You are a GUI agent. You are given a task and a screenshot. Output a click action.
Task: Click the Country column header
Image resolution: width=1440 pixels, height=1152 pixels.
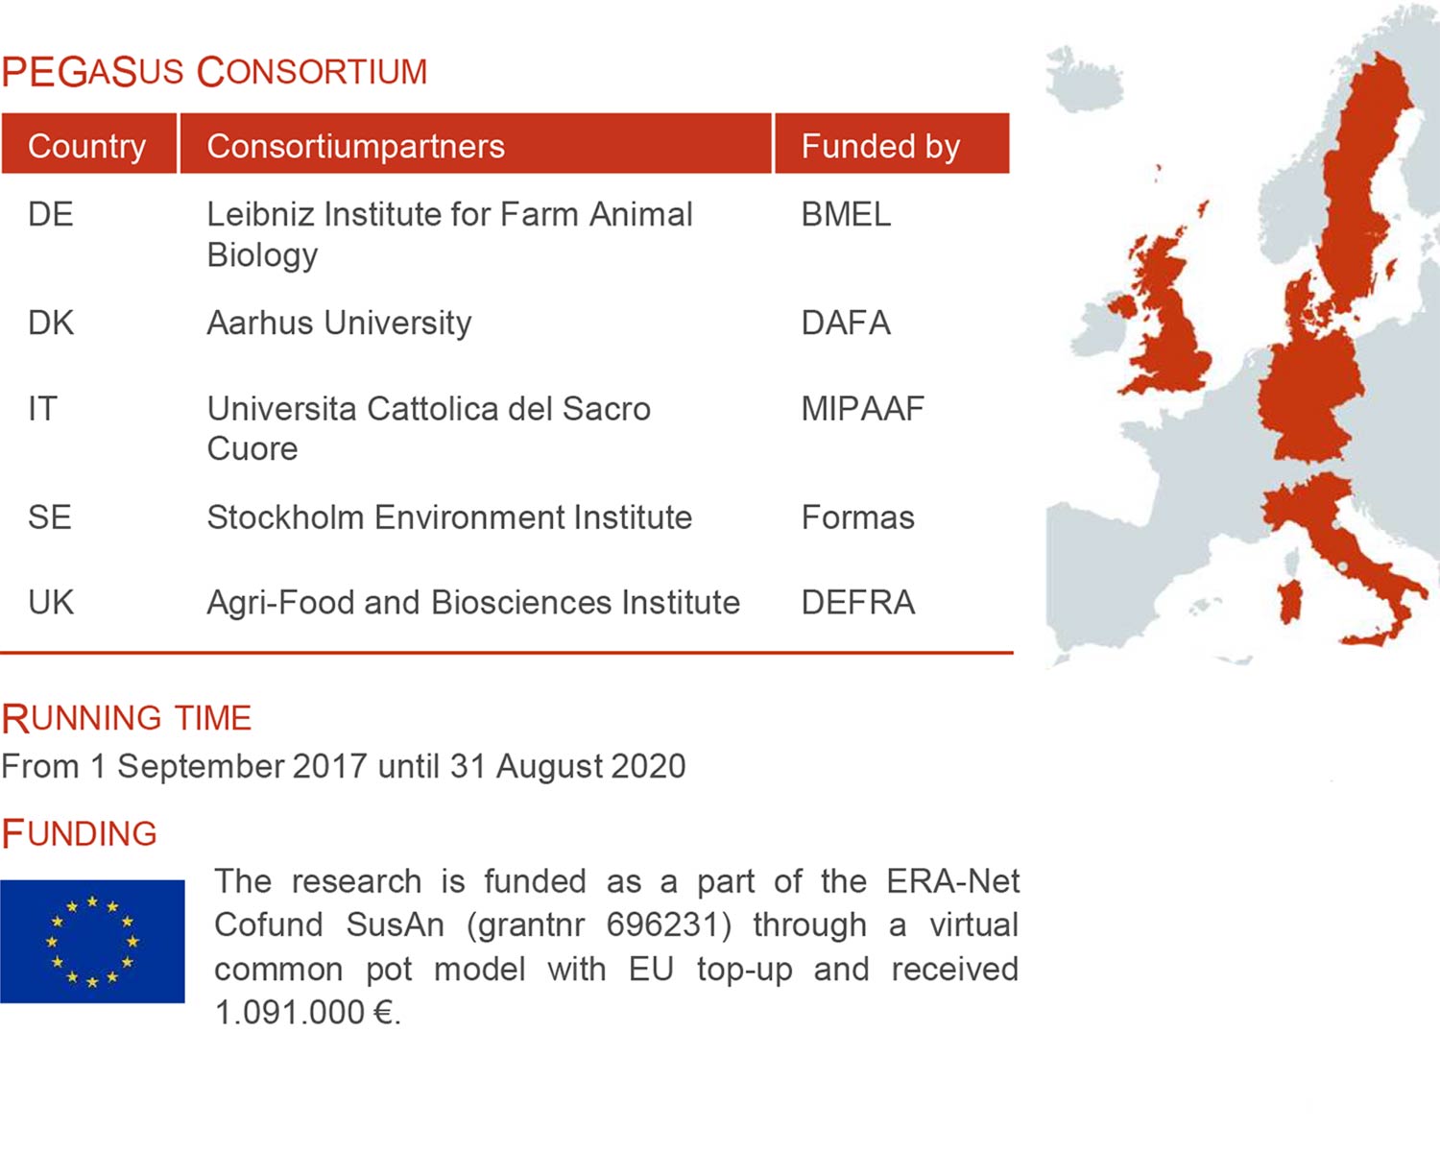point(87,146)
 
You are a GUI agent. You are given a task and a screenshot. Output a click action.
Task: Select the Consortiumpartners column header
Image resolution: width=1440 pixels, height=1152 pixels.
point(355,146)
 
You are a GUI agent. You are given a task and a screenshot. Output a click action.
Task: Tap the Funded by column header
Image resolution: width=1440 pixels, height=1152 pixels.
point(880,146)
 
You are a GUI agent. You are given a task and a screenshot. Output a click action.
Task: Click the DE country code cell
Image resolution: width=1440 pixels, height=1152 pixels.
point(50,215)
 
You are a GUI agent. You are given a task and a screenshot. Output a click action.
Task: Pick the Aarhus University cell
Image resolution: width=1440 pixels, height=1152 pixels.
point(339,324)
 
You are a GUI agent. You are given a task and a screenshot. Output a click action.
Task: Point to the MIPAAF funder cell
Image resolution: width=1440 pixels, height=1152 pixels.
point(862,408)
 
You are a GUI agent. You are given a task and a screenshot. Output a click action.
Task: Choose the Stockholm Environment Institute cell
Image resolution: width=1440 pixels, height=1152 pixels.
point(449,517)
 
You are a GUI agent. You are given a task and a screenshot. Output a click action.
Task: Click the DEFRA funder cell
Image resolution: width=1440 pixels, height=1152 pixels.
point(858,602)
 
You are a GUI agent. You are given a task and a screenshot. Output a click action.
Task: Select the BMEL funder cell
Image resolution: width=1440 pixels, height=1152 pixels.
point(846,215)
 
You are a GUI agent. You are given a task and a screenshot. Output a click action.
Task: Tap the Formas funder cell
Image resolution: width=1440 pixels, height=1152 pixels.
point(858,517)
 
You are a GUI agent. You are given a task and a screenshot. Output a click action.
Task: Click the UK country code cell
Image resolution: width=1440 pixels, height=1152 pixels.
point(51,602)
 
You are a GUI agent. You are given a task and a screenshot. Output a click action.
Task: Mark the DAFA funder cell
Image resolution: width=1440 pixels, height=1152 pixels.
point(846,323)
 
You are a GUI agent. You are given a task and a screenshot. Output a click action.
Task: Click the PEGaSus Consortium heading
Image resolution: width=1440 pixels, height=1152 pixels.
point(214,72)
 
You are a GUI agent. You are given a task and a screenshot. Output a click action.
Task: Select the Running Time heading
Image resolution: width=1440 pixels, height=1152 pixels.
point(127,717)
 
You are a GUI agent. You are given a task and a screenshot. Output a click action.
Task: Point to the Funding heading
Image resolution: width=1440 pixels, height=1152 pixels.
point(79,833)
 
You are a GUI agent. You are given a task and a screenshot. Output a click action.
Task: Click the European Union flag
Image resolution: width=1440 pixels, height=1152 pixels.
point(92,941)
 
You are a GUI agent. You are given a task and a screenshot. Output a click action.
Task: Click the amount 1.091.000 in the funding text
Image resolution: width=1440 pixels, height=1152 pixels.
point(290,1012)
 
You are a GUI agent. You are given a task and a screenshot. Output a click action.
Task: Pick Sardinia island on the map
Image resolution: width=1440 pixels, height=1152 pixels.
point(1289,601)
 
